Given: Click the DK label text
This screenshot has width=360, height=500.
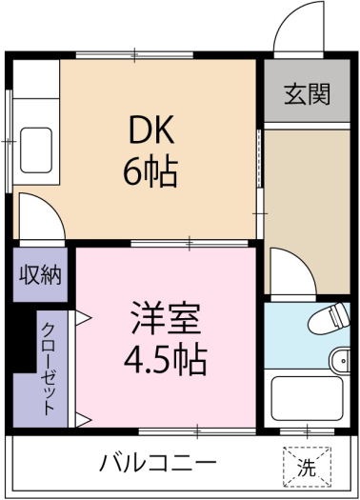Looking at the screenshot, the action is (151, 130).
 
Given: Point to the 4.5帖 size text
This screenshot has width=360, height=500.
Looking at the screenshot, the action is (166, 359).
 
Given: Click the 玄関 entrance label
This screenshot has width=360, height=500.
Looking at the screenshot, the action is (307, 94).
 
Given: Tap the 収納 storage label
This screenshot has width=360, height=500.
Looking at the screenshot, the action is (40, 274).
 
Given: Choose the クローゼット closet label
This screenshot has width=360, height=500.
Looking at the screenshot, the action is (49, 369).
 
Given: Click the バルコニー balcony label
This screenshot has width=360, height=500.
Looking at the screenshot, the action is (158, 462).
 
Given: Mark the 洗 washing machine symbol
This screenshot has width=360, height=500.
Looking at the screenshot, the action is (307, 468).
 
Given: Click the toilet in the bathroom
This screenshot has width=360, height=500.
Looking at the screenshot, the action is (330, 318).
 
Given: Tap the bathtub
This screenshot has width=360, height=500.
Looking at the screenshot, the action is (307, 399).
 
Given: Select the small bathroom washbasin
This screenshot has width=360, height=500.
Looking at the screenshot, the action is (340, 361).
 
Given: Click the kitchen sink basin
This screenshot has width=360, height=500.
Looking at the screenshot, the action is (36, 150).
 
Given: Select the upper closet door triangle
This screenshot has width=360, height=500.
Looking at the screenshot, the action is (84, 318).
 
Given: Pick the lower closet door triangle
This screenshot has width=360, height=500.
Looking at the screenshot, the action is (84, 420).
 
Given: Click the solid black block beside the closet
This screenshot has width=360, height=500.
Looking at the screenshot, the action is (24, 340).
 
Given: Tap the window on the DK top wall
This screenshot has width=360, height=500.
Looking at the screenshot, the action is (134, 55).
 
